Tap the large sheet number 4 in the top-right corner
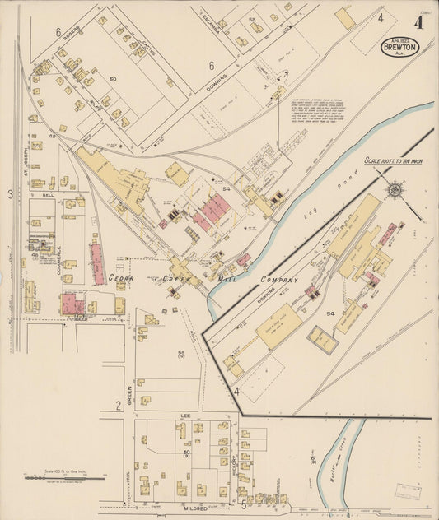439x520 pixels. coord(418,22)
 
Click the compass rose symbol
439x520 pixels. coord(395,191)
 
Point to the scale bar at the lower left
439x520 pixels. coord(64,476)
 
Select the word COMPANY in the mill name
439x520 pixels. coord(280,280)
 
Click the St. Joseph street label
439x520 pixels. coord(26,161)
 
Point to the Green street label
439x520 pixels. coord(129,386)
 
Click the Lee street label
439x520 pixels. coord(185,416)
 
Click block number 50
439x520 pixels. coord(113,79)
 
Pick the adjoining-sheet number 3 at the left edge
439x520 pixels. coord(11,194)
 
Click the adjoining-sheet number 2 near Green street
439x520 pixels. coord(119,404)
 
